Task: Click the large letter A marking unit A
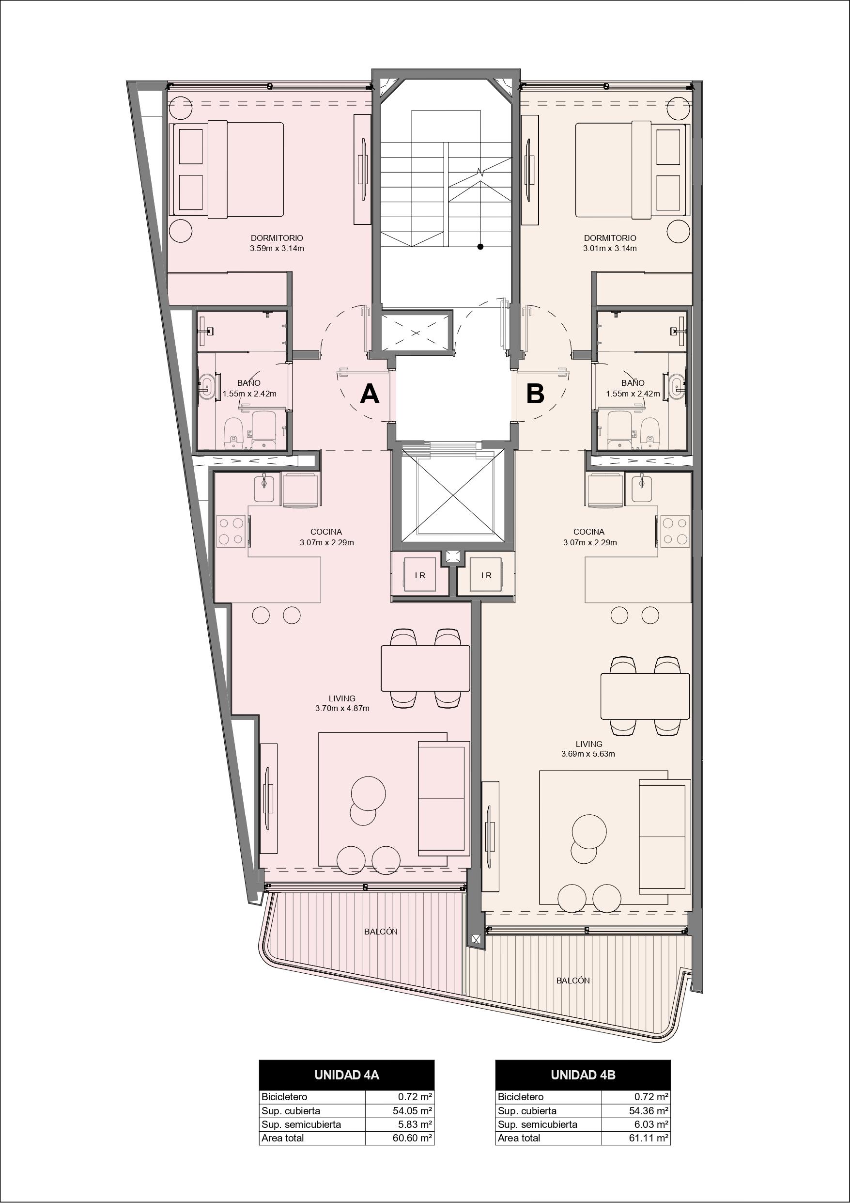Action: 370,394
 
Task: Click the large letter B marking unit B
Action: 535,394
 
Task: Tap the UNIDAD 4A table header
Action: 347,1075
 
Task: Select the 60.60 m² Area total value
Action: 412,1138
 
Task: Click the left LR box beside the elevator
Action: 420,575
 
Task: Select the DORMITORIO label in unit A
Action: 277,238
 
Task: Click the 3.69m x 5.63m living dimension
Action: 588,754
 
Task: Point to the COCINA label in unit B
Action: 588,532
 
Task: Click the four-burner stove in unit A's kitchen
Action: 231,531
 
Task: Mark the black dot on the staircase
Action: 480,246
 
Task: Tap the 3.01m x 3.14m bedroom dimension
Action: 610,248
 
